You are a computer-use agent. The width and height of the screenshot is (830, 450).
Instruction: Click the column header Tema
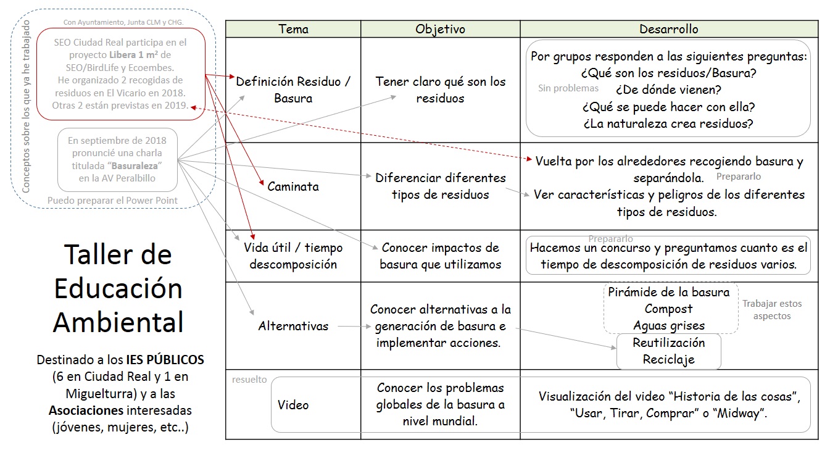point(293,29)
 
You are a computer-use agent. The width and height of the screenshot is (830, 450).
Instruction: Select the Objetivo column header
point(440,29)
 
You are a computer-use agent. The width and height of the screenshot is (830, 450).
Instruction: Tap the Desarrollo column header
point(669,29)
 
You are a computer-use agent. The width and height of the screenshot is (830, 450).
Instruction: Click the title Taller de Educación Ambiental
point(118,288)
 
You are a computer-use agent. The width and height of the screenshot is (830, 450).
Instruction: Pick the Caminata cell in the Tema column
point(293,186)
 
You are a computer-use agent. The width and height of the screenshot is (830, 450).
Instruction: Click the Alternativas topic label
point(293,326)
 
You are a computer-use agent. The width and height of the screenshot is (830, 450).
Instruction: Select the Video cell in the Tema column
point(293,405)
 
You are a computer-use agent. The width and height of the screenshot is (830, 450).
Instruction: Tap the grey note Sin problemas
point(568,88)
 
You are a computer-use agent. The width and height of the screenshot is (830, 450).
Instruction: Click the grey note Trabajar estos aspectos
point(771,309)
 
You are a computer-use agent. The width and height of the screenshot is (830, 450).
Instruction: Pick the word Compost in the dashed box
point(668,309)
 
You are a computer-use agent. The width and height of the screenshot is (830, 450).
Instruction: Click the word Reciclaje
point(668,359)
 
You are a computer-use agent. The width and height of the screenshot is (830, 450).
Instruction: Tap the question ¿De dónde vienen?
point(668,90)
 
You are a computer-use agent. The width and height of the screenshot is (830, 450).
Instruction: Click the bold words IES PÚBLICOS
point(165,359)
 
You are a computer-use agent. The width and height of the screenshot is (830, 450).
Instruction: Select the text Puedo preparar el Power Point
point(112,200)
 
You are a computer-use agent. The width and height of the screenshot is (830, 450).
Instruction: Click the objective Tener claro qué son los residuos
point(440,90)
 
